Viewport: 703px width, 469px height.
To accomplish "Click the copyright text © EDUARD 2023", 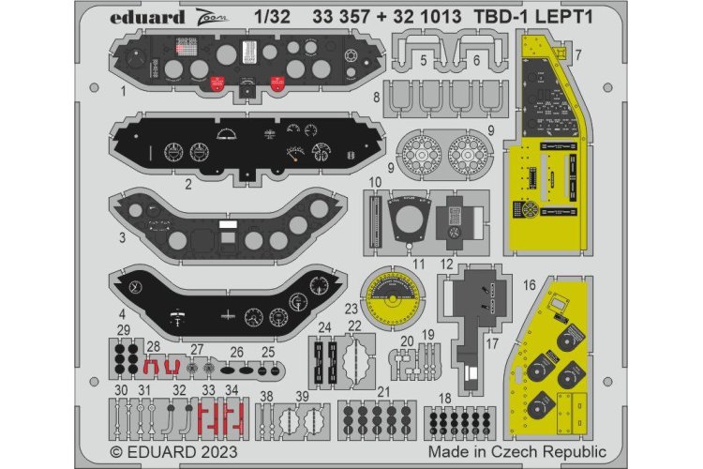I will tap(175, 452).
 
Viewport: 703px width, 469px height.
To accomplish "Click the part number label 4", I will tap(121, 312).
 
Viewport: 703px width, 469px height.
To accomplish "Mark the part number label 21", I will tap(384, 390).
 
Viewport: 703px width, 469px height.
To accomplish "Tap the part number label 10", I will tap(374, 180).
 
